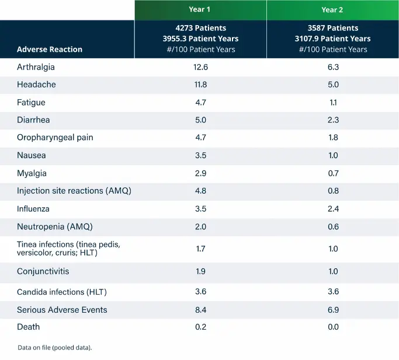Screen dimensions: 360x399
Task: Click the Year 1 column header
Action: click(x=200, y=9)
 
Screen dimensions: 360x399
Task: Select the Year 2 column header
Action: click(x=332, y=9)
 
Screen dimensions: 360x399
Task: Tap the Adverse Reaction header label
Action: click(x=50, y=50)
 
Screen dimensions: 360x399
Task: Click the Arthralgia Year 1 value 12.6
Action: click(x=200, y=67)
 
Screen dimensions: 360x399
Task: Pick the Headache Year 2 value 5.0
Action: click(x=333, y=85)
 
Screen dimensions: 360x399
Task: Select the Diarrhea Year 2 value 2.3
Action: click(x=333, y=120)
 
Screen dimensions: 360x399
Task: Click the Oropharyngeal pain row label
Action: click(x=55, y=138)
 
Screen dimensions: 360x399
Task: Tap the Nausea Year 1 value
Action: click(x=200, y=156)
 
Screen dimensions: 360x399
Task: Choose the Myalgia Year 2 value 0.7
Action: click(x=333, y=173)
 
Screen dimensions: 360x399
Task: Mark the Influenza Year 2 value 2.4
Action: click(x=333, y=208)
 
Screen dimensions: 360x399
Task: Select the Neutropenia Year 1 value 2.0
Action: click(x=200, y=226)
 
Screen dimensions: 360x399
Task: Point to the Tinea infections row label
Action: click(x=68, y=248)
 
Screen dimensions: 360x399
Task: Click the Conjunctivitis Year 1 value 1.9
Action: click(x=200, y=271)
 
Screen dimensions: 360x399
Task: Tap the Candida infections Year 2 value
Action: click(x=333, y=292)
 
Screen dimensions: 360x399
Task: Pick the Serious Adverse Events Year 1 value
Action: click(x=200, y=310)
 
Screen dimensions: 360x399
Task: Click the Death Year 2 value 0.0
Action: click(x=333, y=327)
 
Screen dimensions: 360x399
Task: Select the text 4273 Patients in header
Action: click(x=200, y=28)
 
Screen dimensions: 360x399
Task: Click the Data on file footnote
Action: click(x=55, y=348)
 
